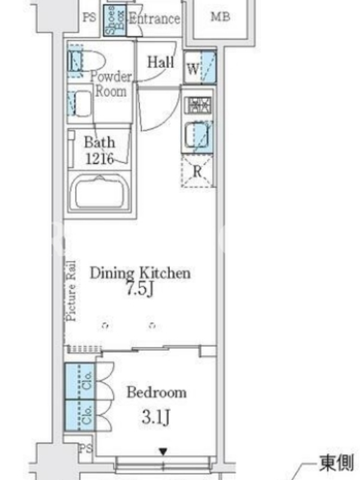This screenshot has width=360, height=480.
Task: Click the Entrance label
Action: [154, 19]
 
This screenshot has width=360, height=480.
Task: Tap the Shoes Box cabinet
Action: [115, 20]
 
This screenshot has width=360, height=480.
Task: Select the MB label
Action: [220, 17]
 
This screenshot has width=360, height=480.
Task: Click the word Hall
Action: [161, 62]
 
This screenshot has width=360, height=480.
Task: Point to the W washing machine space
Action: [200, 67]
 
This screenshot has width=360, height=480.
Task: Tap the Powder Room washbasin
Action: [80, 104]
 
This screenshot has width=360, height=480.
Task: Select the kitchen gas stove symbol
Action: [199, 104]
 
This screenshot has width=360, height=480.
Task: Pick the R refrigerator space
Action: [197, 171]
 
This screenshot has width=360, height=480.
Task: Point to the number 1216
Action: [100, 158]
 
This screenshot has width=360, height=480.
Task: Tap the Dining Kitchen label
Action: [140, 273]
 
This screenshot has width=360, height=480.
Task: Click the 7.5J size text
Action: [140, 289]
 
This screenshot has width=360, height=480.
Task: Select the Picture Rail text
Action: [71, 291]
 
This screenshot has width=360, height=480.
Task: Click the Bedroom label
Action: [157, 392]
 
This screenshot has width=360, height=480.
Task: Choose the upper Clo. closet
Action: [80, 381]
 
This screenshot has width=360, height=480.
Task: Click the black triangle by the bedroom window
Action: [163, 452]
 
